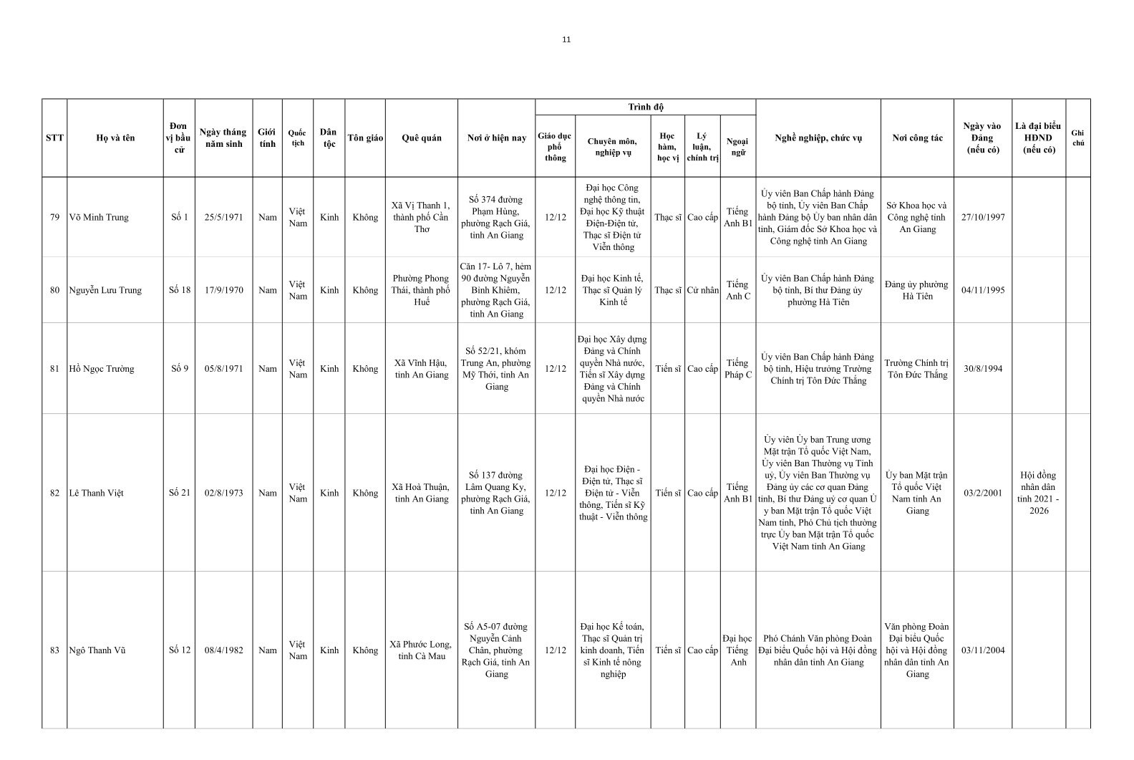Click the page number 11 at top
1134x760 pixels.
566,39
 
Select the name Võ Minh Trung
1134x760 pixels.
99,217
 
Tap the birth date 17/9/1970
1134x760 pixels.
223,290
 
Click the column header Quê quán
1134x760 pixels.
422,138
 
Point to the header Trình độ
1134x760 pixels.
645,107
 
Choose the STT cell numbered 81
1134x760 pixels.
54,369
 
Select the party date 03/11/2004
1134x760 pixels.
982,650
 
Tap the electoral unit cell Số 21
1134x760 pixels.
179,493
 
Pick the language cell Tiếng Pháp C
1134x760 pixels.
738,369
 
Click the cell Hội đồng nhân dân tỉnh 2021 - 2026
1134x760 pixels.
1038,493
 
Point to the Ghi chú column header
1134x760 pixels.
1077,138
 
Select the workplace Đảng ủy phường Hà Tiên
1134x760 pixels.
917,290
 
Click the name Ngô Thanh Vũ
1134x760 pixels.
97,650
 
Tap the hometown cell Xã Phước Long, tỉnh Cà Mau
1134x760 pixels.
422,650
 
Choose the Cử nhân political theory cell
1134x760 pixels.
702,290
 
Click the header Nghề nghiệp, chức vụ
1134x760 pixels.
818,138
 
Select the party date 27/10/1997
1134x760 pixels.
982,217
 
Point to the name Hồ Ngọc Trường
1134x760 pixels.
101,369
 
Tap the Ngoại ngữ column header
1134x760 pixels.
737,146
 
